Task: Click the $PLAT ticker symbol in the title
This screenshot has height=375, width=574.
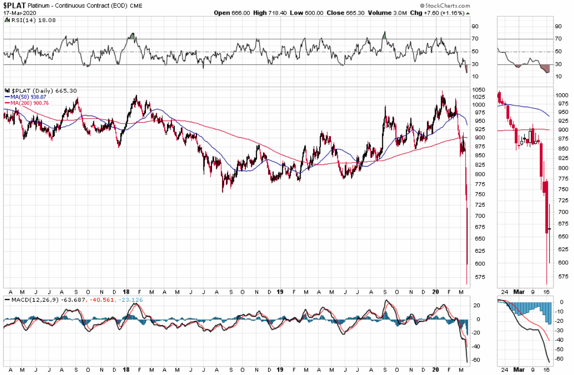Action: click(x=15, y=6)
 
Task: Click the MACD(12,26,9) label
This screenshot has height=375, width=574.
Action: click(x=31, y=300)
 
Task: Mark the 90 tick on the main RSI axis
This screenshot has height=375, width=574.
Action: click(x=475, y=26)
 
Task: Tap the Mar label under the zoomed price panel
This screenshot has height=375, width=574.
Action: click(x=519, y=292)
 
